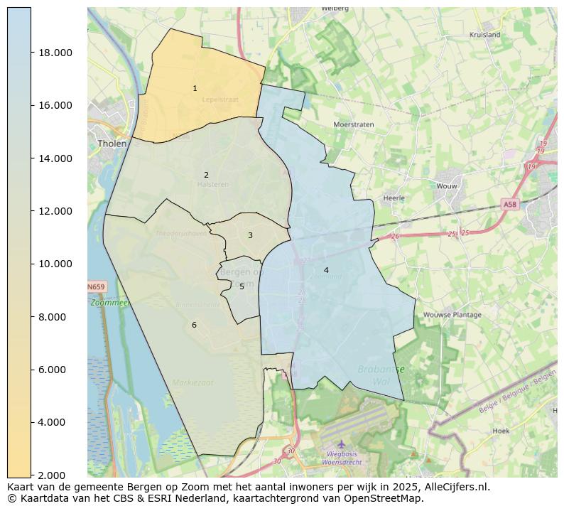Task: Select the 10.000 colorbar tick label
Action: [x=55, y=264]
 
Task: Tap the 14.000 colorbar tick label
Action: [x=55, y=158]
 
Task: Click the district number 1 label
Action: [x=195, y=89]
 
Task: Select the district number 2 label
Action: [x=206, y=175]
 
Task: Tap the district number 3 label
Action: [x=250, y=235]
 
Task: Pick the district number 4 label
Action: [x=326, y=270]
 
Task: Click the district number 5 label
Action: [x=242, y=286]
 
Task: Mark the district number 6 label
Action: [x=194, y=325]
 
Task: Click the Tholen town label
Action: [x=112, y=144]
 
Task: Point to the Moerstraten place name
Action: [x=354, y=124]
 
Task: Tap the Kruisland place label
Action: [x=485, y=34]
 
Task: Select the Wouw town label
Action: [x=446, y=185]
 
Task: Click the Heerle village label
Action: [x=394, y=198]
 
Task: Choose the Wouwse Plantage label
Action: [x=452, y=314]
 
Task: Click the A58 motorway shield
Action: [x=510, y=204]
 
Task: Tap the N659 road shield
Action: [x=96, y=287]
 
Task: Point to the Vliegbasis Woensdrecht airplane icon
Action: [x=342, y=443]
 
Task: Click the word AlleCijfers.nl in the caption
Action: [x=457, y=487]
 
